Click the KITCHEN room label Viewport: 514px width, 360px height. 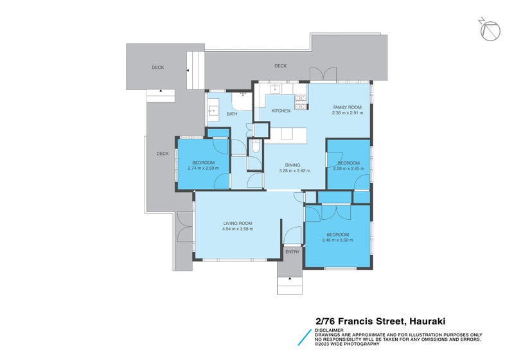pos(281,111)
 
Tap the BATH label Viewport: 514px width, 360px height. pos(231,114)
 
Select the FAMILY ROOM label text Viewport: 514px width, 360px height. pos(347,107)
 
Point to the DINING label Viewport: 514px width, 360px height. pos(294,165)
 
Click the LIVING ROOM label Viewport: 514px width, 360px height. pos(237,222)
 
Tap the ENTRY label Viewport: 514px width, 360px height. pos(292,252)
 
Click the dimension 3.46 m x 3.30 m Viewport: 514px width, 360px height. pos(337,240)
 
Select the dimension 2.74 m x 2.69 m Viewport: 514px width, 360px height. pos(203,168)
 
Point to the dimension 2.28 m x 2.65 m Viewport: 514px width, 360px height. pos(348,169)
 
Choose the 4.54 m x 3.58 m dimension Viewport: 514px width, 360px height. pos(237,229)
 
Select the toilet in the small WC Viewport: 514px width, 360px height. pos(255,148)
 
